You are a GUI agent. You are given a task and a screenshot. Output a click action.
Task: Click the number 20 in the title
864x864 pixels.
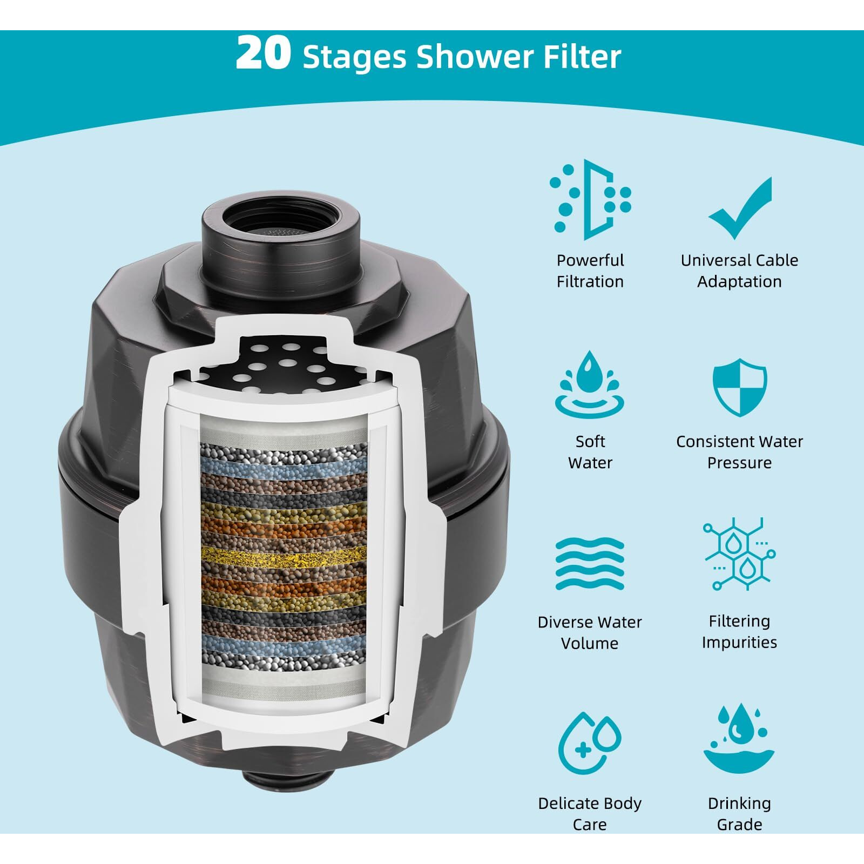[263, 54]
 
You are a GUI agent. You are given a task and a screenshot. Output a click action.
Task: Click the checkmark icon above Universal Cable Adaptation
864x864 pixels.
[740, 208]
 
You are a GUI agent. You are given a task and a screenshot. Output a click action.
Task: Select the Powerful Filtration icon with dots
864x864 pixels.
[590, 200]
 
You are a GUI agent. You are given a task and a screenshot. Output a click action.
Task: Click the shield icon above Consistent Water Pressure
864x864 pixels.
[740, 387]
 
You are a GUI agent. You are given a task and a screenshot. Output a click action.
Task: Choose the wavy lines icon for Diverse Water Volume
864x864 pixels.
[590, 564]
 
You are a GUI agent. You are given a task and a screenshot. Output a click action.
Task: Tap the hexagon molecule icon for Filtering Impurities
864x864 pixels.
[740, 553]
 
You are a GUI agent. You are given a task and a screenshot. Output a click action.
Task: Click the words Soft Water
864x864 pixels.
[590, 452]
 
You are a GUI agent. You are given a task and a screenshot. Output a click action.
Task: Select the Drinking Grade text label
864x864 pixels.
[739, 814]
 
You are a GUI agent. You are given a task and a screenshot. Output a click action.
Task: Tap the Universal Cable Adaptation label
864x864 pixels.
[739, 271]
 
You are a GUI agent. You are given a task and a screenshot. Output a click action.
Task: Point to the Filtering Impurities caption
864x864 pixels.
[739, 631]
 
